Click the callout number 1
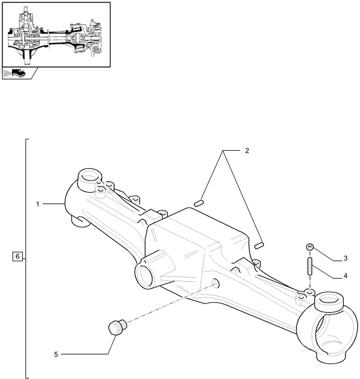pyautogui.click(x=37, y=204)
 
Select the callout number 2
pyautogui.click(x=247, y=151)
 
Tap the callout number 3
pyautogui.click(x=346, y=258)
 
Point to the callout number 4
pyautogui.click(x=346, y=276)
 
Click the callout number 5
pyautogui.click(x=56, y=354)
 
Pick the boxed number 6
pyautogui.click(x=18, y=256)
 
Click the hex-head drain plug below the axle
pyautogui.click(x=117, y=326)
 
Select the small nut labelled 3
pyautogui.click(x=310, y=247)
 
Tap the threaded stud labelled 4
pyautogui.click(x=310, y=266)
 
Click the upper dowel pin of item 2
pyautogui.click(x=199, y=203)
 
